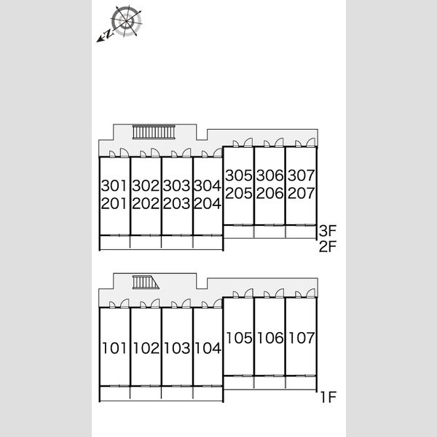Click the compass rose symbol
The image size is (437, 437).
pyautogui.click(x=126, y=21)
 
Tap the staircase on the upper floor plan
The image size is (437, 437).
pyautogui.click(x=154, y=132)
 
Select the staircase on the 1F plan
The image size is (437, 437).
pyautogui.click(x=146, y=282)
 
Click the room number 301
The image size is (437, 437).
pyautogui.click(x=114, y=186)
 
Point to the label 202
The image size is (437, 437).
pyautogui.click(x=146, y=203)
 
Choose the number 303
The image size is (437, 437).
pyautogui.click(x=176, y=186)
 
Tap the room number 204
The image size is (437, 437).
pyautogui.click(x=208, y=203)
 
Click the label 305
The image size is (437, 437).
pyautogui.click(x=239, y=176)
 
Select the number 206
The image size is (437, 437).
pyautogui.click(x=269, y=193)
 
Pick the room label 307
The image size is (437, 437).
pyautogui.click(x=302, y=176)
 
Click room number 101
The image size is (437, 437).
pyautogui.click(x=114, y=348)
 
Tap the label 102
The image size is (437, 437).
pyautogui.click(x=146, y=348)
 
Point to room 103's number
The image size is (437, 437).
pyautogui.click(x=177, y=348)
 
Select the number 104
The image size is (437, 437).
pyautogui.click(x=208, y=348)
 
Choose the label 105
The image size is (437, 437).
pyautogui.click(x=239, y=338)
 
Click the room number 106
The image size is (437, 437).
pyautogui.click(x=270, y=338)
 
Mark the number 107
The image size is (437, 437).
pyautogui.click(x=302, y=338)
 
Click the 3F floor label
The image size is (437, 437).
pyautogui.click(x=328, y=230)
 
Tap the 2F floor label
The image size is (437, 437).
pyautogui.click(x=328, y=246)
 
